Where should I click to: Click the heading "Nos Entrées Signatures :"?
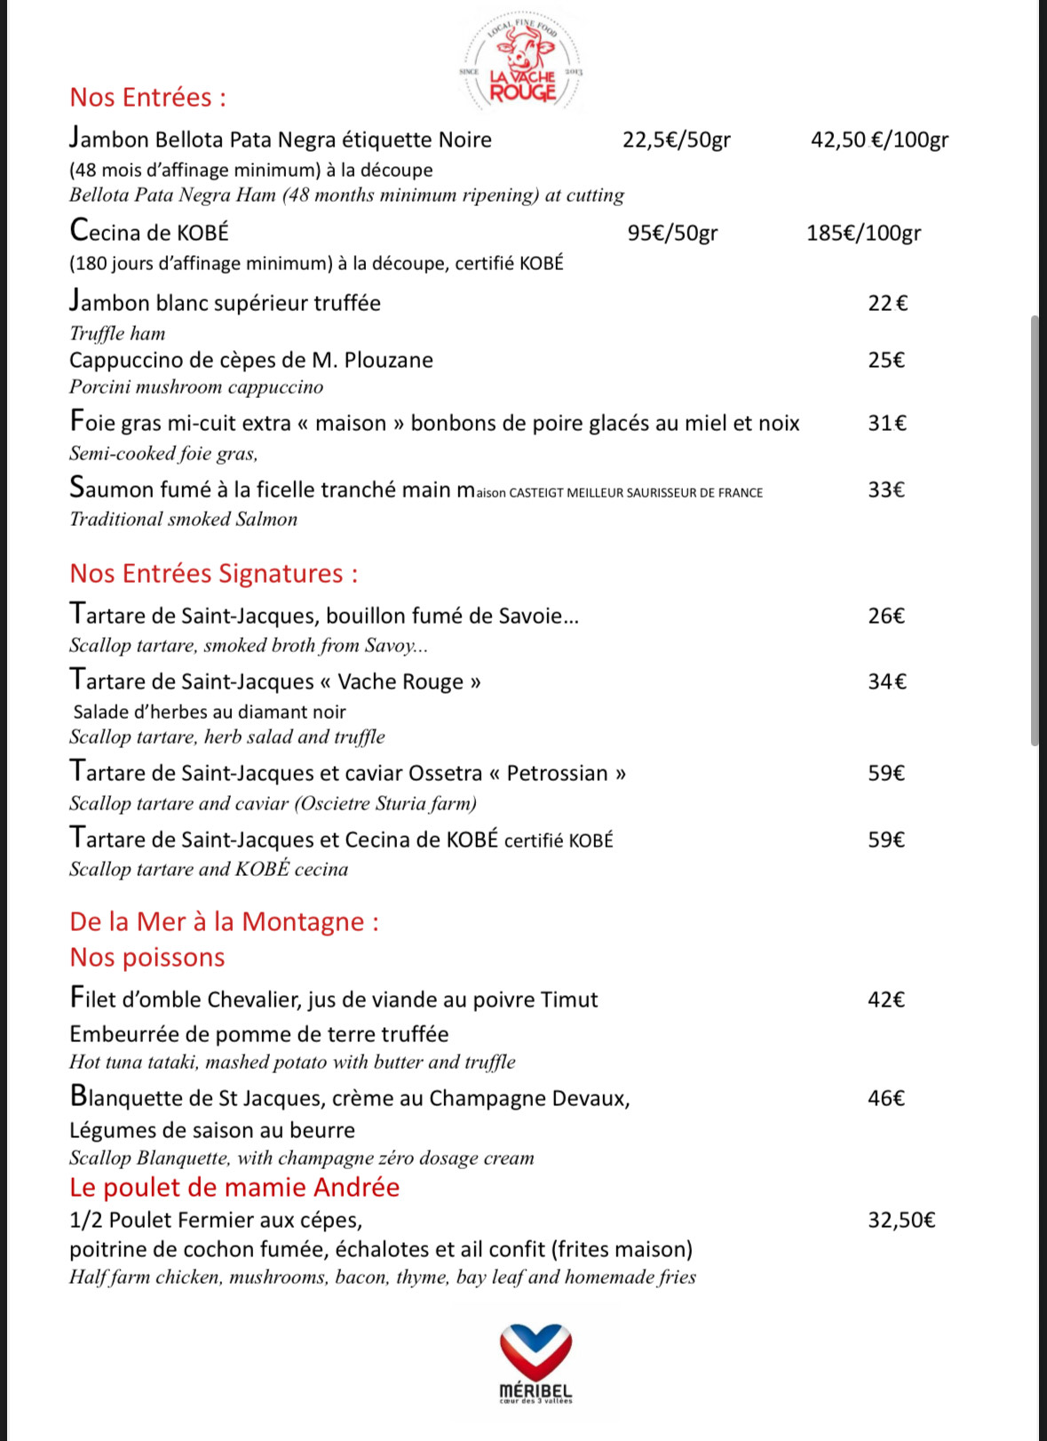pyautogui.click(x=214, y=574)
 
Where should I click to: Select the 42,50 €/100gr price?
pyautogui.click(x=879, y=140)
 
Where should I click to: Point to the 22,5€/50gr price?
pyautogui.click(x=677, y=140)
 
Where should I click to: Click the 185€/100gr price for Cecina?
pyautogui.click(x=863, y=234)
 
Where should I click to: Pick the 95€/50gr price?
pyautogui.click(x=672, y=234)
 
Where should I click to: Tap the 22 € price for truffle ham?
pyautogui.click(x=887, y=304)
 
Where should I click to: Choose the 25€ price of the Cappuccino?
pyautogui.click(x=886, y=361)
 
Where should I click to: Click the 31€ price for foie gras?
pyautogui.click(x=887, y=424)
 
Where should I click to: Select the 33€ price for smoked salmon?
pyautogui.click(x=886, y=490)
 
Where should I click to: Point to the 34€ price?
pyautogui.click(x=887, y=682)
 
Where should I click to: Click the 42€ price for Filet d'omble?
pyautogui.click(x=886, y=1000)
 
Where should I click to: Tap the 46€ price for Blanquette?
pyautogui.click(x=886, y=1099)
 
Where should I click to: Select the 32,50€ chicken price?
pyautogui.click(x=901, y=1221)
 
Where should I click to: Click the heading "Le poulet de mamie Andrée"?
pyautogui.click(x=234, y=1188)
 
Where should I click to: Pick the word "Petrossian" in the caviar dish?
pyautogui.click(x=557, y=774)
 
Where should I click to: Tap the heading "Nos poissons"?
pyautogui.click(x=147, y=958)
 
